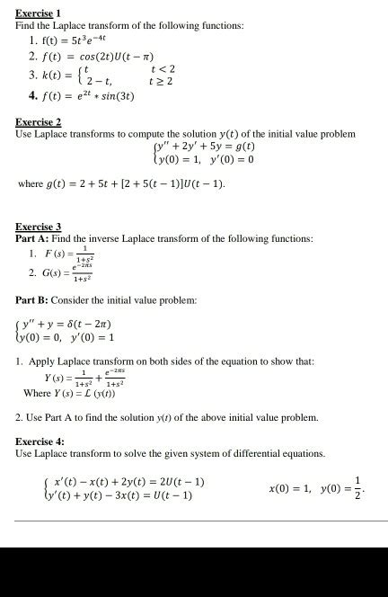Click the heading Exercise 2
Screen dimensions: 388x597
pos(38,121)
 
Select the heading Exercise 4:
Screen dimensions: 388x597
pos(40,441)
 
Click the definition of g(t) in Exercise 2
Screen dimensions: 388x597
pos(122,184)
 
